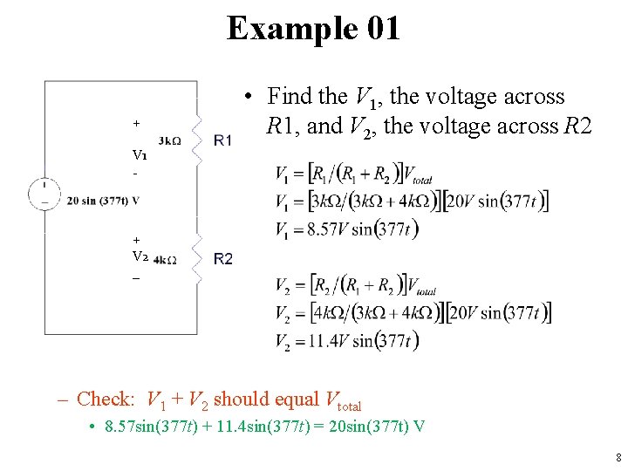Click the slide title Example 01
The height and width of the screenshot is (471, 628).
tap(313, 28)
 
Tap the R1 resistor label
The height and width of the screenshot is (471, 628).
tap(222, 140)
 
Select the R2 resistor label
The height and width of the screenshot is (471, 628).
tap(222, 258)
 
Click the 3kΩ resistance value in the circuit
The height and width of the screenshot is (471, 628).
tap(170, 141)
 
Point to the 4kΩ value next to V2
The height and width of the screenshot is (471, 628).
tap(165, 260)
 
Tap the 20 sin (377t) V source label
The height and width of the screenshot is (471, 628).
tap(103, 201)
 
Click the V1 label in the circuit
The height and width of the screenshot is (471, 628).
tap(140, 155)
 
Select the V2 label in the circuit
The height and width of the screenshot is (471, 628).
tap(140, 256)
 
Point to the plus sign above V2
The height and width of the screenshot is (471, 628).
tap(136, 238)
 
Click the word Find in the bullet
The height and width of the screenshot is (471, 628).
tap(289, 96)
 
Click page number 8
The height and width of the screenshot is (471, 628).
tap(618, 457)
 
